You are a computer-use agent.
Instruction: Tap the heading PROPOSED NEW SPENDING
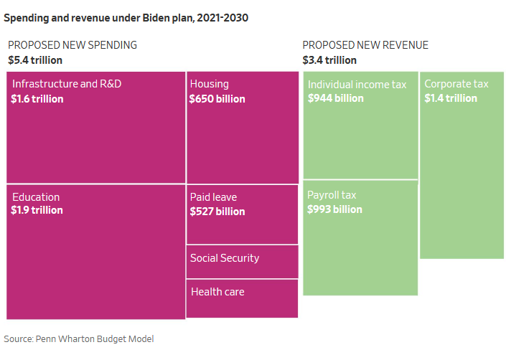tap(72, 45)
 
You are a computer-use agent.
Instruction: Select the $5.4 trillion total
tap(35, 60)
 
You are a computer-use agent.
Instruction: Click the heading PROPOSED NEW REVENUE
tap(365, 45)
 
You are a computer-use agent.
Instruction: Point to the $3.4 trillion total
tap(329, 60)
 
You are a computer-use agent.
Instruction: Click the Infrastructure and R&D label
tap(67, 84)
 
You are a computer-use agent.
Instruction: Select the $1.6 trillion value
tap(37, 99)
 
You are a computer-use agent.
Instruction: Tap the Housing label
tap(209, 84)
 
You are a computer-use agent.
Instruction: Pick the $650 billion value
tap(217, 99)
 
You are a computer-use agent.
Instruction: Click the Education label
tap(36, 197)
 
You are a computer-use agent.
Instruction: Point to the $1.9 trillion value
tap(37, 211)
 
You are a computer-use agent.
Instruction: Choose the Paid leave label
tap(213, 197)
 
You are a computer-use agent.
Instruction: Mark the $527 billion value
tap(217, 212)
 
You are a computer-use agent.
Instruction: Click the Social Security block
tap(242, 261)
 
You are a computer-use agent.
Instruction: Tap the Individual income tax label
tap(357, 85)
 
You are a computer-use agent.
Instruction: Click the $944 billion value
tap(335, 98)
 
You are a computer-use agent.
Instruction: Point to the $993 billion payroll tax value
tap(334, 209)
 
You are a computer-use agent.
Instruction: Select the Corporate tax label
tap(456, 84)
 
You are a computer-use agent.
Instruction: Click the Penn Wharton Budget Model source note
tap(79, 338)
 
